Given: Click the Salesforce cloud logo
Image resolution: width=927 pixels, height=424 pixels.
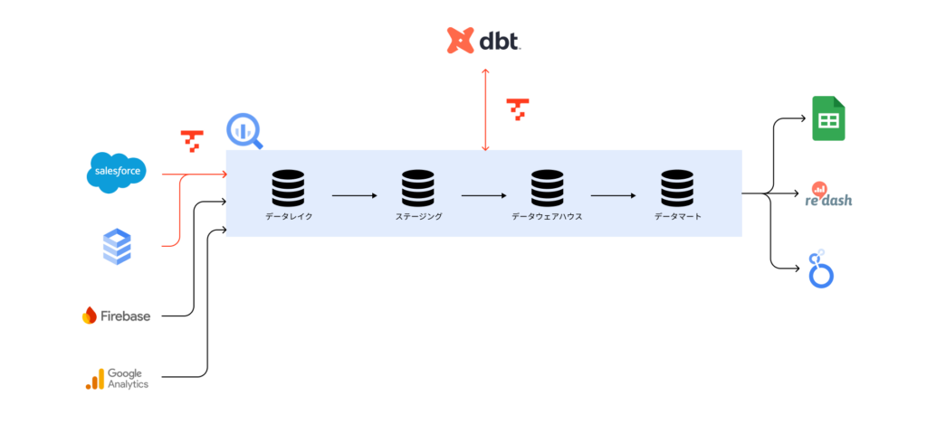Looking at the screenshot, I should click(117, 173).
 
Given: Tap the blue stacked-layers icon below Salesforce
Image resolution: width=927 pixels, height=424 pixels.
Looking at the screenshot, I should click(117, 247).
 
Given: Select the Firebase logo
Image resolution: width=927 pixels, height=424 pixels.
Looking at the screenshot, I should click(116, 316).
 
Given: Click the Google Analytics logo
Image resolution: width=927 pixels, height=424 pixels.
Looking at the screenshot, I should click(117, 378).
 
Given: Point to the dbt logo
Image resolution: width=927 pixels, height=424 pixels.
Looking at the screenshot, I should click(484, 41).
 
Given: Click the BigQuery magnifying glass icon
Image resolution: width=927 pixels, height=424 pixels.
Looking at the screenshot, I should click(244, 131).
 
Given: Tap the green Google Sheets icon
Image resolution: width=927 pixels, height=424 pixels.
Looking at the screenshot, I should click(827, 118).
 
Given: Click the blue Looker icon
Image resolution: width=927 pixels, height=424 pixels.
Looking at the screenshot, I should click(821, 270).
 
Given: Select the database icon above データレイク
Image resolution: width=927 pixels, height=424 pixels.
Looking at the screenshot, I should click(289, 188).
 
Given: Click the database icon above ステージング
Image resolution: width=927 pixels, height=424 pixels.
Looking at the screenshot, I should click(418, 188).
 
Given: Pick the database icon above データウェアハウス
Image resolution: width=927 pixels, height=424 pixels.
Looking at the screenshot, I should click(547, 188).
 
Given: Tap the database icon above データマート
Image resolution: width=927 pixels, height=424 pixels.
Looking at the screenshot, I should click(677, 188).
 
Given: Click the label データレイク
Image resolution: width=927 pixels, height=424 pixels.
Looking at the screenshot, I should click(289, 217).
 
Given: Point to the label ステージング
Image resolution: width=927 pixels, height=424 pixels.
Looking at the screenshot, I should click(418, 217).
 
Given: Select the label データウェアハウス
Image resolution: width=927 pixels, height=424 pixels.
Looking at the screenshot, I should click(547, 217).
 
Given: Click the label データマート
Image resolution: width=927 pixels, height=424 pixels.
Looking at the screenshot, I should click(677, 217).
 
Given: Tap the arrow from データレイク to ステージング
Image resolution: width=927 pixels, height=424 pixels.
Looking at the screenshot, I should click(353, 194).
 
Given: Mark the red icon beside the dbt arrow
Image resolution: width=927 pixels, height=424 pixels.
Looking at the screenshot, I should click(517, 108).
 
